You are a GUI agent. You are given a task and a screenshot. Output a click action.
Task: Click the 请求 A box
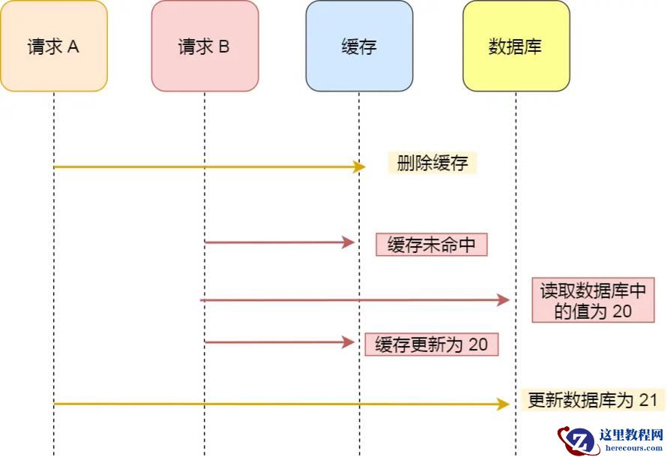pos(54,47)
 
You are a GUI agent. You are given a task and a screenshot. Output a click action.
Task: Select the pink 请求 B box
pos(205,47)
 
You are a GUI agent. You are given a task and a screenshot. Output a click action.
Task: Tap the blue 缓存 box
pos(359,47)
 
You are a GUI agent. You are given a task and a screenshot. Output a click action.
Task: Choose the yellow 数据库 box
pos(516,47)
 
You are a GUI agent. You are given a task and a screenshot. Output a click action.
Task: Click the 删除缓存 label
pos(432,164)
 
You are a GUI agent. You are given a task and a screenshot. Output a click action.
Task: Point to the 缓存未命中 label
pos(432,245)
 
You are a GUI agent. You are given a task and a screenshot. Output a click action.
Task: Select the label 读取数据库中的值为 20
pos(593,301)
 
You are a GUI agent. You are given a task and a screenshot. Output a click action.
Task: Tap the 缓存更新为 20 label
pos(431,344)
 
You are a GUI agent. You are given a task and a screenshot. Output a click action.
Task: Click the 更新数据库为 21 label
pos(592,400)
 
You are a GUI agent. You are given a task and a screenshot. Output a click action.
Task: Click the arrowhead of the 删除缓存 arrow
pos(359,167)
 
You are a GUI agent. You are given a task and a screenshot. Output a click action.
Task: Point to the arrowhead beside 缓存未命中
pos(348,242)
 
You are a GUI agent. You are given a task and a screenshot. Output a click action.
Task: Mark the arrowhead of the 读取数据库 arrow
pos(504,300)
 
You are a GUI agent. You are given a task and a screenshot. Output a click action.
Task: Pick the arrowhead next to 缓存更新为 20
pos(348,342)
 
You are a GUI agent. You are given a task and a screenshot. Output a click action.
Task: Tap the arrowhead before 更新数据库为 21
pos(504,404)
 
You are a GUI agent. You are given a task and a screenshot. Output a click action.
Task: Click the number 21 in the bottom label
pos(648,400)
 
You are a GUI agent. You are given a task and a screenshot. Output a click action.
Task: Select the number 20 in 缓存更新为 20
pos(478,344)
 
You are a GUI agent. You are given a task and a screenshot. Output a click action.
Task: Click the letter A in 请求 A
pos(73,47)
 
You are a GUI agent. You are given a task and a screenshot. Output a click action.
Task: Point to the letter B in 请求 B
pos(224,47)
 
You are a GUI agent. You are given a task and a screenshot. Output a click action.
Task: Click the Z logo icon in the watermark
pos(578,440)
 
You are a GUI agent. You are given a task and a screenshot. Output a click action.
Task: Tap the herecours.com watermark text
pos(632,448)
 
